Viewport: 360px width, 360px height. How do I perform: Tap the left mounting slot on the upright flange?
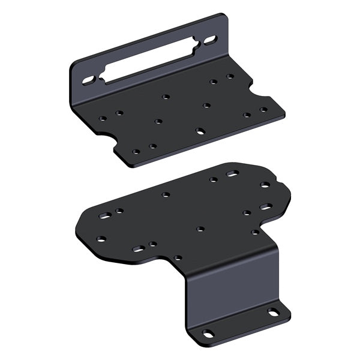88,79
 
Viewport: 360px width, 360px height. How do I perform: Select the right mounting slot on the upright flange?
211,41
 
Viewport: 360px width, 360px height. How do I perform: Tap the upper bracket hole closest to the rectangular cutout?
166,96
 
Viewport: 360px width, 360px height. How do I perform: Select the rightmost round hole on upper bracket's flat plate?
263,110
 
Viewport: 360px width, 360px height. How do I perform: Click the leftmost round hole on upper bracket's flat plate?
103,119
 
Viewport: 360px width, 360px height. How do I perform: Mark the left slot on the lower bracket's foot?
208,333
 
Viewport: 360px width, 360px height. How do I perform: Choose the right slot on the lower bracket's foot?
273,312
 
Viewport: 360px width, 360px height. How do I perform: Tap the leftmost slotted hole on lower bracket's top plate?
105,214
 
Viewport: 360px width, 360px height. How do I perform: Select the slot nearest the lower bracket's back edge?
232,174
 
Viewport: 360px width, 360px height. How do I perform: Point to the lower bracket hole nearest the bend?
178,258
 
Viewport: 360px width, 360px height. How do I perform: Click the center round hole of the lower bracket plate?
200,229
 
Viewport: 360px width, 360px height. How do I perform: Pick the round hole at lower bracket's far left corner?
101,238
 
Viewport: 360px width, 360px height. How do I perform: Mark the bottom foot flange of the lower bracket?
240,324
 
